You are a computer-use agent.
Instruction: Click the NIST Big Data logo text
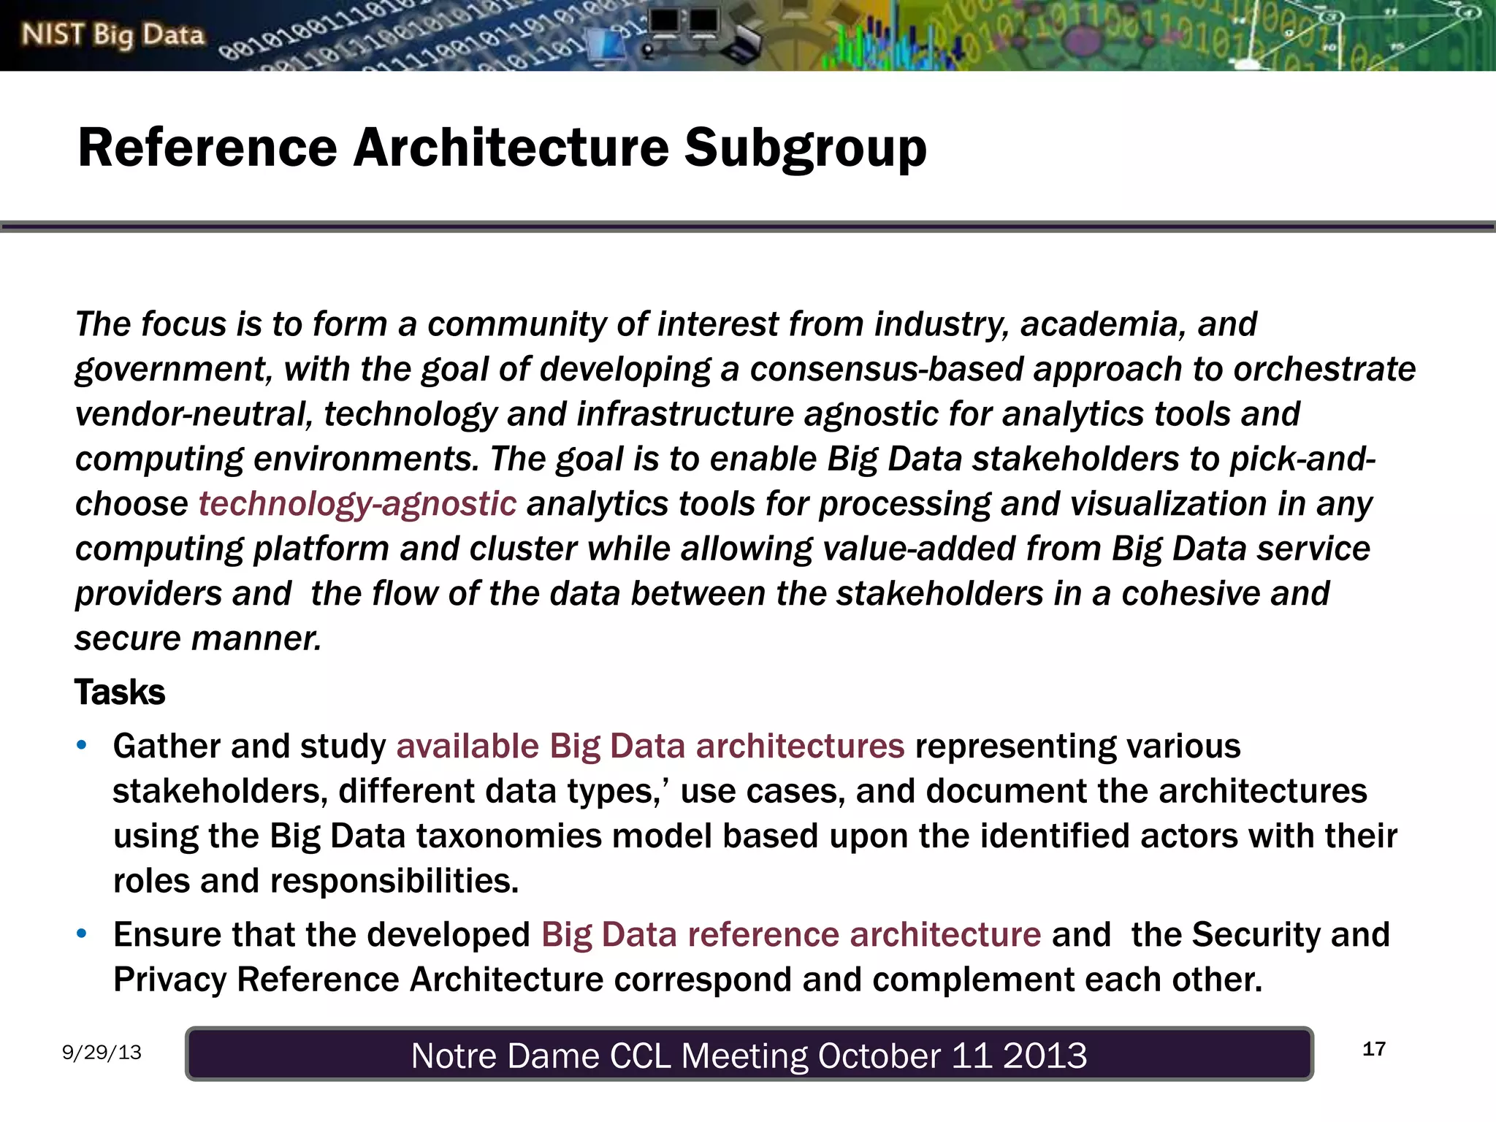[x=112, y=35]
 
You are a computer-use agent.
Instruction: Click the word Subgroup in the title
[x=805, y=148]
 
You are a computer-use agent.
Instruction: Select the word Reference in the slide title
[x=207, y=148]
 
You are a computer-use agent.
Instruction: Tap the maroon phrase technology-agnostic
[x=357, y=504]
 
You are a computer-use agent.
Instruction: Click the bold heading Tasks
[x=120, y=692]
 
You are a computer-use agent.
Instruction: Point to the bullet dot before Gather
[x=82, y=746]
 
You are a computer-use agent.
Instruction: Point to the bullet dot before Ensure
[x=82, y=934]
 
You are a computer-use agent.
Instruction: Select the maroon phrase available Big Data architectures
[x=650, y=747]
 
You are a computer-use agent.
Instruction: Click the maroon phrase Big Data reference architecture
[x=791, y=935]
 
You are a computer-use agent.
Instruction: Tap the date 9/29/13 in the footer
[x=102, y=1053]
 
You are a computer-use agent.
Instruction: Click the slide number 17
[x=1374, y=1050]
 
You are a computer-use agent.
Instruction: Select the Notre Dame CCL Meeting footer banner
[x=749, y=1054]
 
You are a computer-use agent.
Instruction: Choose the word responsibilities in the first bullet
[x=394, y=881]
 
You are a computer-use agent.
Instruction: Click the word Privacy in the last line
[x=169, y=980]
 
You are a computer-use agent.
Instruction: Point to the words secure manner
[x=198, y=638]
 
